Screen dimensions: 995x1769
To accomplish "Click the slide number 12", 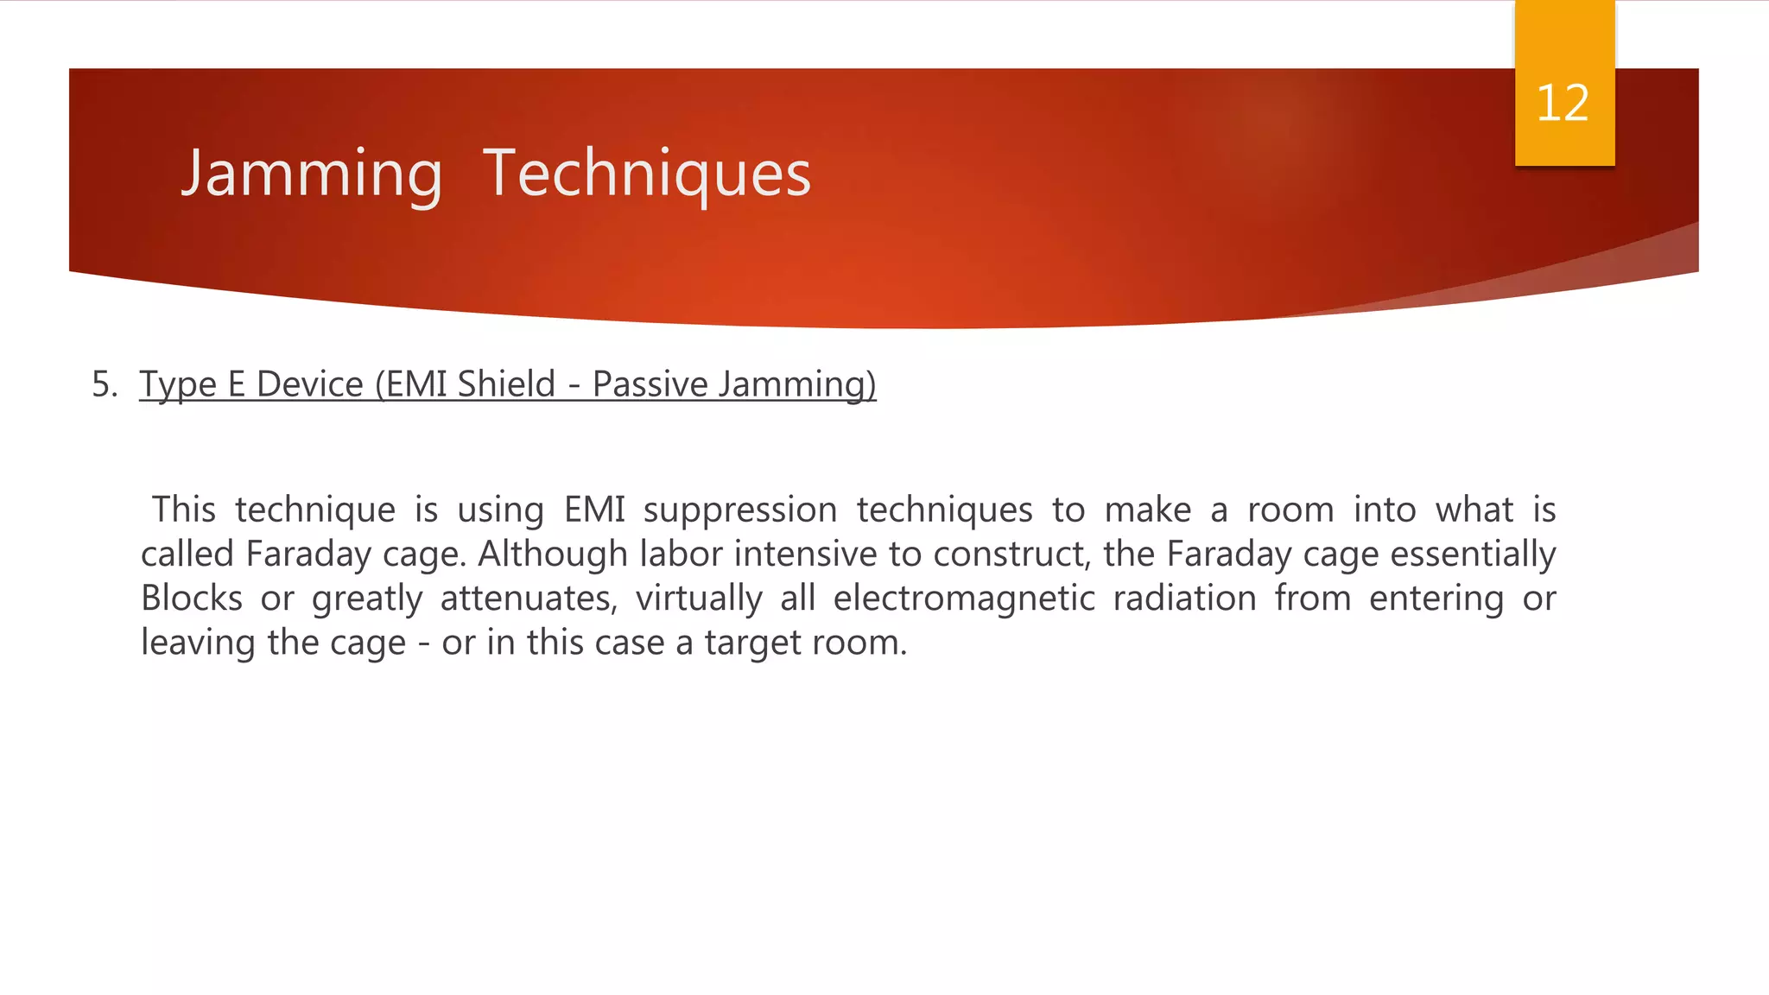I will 1563,104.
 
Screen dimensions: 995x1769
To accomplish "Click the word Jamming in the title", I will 312,174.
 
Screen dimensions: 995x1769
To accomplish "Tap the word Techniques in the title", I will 647,174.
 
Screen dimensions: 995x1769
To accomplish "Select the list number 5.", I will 104,384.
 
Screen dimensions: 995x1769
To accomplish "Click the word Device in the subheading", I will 309,384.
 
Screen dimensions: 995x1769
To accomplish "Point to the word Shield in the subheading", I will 506,384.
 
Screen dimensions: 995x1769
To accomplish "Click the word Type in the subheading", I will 178,384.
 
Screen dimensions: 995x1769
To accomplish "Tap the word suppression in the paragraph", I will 740,510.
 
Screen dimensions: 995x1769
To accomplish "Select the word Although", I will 552,555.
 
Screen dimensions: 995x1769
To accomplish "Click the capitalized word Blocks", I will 192,599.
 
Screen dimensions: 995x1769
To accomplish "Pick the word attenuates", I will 529,599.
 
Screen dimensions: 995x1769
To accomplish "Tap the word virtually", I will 699,599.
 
